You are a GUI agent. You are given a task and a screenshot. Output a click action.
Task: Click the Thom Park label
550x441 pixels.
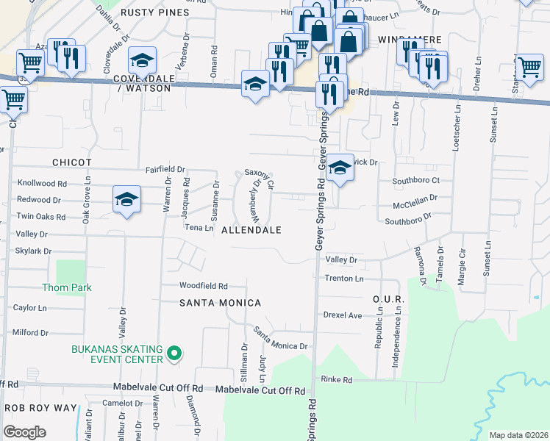67,287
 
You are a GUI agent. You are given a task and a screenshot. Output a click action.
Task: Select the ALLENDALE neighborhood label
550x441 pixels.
251,230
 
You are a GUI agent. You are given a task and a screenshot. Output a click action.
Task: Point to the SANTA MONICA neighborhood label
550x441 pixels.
220,303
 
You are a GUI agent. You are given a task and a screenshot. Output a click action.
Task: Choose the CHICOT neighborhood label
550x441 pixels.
71,162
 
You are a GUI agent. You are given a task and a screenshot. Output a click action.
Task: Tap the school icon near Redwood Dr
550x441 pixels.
126,199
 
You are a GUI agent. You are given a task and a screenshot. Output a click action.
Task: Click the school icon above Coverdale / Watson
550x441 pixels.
143,60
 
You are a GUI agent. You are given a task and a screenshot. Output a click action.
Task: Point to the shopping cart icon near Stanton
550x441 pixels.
529,67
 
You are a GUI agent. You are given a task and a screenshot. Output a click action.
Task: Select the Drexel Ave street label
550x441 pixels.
343,315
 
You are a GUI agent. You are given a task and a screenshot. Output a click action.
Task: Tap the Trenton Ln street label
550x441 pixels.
344,279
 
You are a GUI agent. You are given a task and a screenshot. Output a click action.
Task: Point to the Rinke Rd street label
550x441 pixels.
337,379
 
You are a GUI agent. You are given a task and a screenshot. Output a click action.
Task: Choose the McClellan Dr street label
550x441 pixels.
415,198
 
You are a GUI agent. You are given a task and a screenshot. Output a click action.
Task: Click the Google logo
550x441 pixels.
25,432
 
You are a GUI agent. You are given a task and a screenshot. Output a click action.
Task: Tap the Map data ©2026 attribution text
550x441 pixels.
518,435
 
